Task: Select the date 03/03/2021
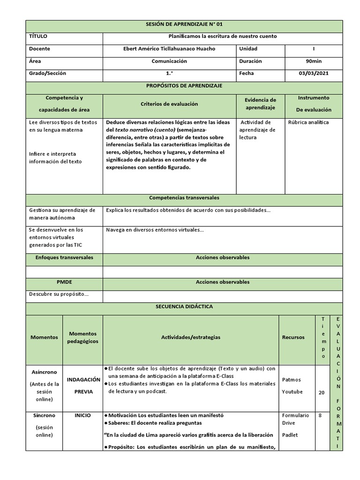[314, 73]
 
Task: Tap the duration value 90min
[314, 61]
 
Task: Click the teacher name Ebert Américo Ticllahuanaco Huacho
[169, 49]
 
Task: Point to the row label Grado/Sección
[47, 73]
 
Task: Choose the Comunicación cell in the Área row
[169, 61]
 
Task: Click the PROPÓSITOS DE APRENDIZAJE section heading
[184, 86]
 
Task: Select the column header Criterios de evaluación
[169, 104]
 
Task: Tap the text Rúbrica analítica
[309, 122]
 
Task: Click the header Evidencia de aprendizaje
[260, 104]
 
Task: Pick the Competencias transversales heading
[184, 198]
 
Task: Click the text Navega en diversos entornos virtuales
[155, 230]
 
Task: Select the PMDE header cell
[64, 282]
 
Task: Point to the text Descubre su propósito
[59, 294]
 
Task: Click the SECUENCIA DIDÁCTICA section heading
[184, 306]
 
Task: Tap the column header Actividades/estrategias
[190, 337]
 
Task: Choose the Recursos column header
[293, 337]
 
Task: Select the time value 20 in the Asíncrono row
[322, 393]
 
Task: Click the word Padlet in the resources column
[290, 435]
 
